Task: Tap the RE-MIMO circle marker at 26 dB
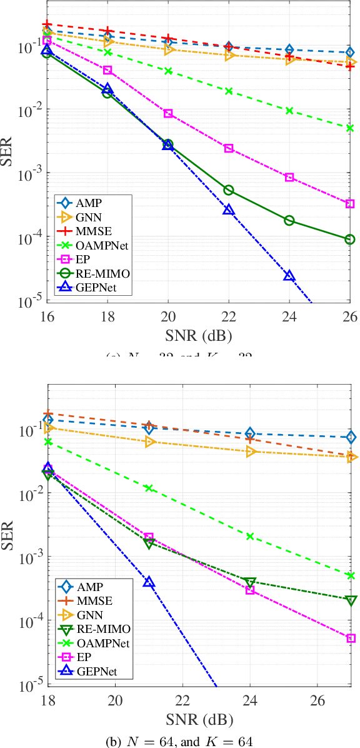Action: (350, 239)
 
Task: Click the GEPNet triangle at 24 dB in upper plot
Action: (289, 276)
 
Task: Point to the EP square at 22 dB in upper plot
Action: (229, 148)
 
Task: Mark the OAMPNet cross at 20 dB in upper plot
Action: (168, 71)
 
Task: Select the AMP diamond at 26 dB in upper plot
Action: (350, 53)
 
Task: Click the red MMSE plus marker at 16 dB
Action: (47, 24)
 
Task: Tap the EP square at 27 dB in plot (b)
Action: (351, 638)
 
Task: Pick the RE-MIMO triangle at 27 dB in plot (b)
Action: (351, 600)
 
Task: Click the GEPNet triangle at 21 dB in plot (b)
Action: (149, 582)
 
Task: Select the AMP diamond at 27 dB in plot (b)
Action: (351, 437)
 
